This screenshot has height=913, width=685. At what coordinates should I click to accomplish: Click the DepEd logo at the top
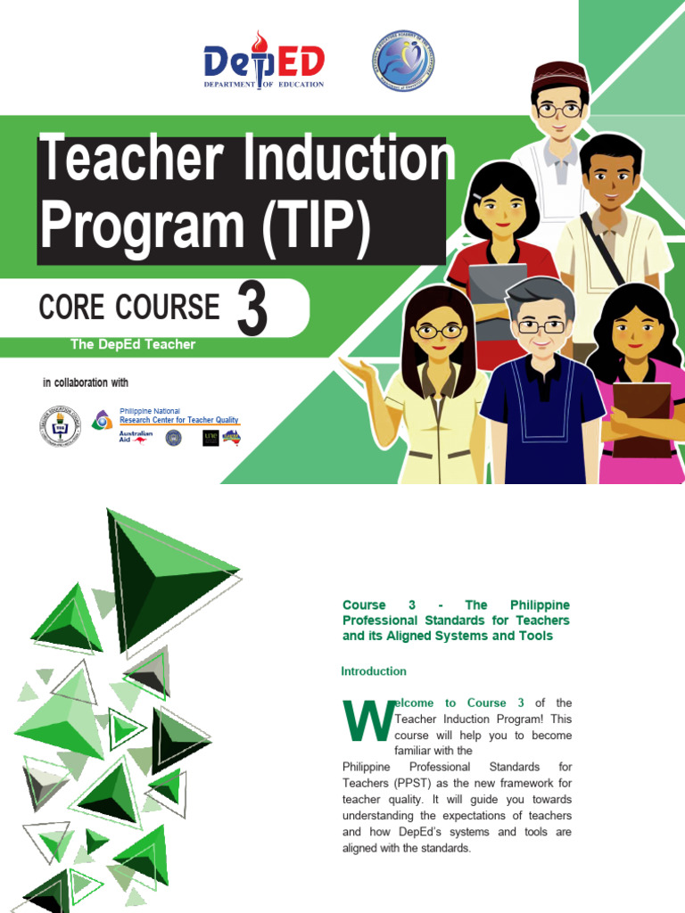[x=264, y=61]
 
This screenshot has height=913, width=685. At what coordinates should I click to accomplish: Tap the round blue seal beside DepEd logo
[x=401, y=62]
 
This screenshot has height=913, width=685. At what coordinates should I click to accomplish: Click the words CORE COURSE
[x=129, y=308]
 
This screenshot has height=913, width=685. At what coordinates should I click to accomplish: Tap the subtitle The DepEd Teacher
[x=132, y=344]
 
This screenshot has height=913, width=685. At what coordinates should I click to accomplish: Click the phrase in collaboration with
[x=86, y=383]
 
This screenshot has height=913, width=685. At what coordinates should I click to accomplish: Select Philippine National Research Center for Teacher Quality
[x=178, y=416]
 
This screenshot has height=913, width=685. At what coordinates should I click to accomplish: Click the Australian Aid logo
[x=136, y=437]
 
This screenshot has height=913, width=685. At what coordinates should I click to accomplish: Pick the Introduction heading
[x=374, y=671]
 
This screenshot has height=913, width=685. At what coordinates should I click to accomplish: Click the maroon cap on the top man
[x=559, y=73]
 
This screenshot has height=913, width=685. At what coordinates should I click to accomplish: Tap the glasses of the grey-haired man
[x=541, y=326]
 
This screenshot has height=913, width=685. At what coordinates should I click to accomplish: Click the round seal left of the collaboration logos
[x=60, y=426]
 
